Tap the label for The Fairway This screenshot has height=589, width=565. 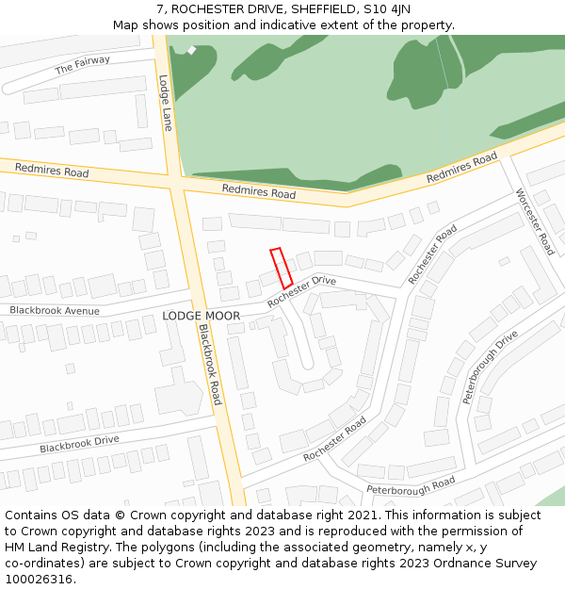[83, 65]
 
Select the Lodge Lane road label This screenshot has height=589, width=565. [166, 103]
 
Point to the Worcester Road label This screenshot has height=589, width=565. [535, 221]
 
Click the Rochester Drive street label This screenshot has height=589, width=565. [301, 291]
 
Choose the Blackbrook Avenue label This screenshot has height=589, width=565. [55, 310]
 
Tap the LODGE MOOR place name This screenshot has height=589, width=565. [201, 316]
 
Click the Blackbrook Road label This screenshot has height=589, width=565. [210, 364]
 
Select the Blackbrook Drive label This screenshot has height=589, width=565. [79, 443]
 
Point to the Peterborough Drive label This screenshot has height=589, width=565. [491, 368]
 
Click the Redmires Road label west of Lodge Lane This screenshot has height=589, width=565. [52, 171]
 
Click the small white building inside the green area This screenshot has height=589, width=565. [191, 50]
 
